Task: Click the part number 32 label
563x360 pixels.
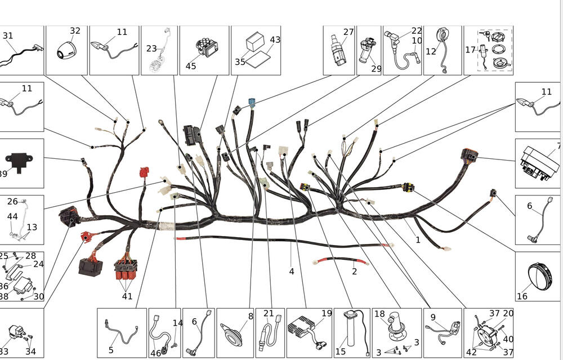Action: (75, 31)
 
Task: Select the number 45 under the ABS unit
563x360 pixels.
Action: (191, 66)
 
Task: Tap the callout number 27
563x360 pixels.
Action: (348, 32)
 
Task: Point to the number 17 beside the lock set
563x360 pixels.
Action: (470, 50)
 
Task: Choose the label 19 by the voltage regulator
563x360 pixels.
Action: (327, 313)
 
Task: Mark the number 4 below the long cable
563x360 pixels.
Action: (292, 272)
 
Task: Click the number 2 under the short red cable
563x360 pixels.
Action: (354, 272)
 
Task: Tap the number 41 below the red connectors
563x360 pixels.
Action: (127, 296)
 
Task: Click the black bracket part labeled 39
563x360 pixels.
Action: (19, 161)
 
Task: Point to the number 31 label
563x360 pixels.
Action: (8, 35)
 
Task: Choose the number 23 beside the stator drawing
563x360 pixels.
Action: (151, 48)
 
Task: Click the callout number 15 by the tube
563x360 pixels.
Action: (341, 351)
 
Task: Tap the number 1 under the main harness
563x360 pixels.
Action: (418, 239)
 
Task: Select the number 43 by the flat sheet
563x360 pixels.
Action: (275, 39)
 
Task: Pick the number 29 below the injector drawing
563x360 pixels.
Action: (376, 68)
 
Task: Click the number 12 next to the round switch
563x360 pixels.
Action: (431, 52)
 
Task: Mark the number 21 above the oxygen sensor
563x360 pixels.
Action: (269, 313)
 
